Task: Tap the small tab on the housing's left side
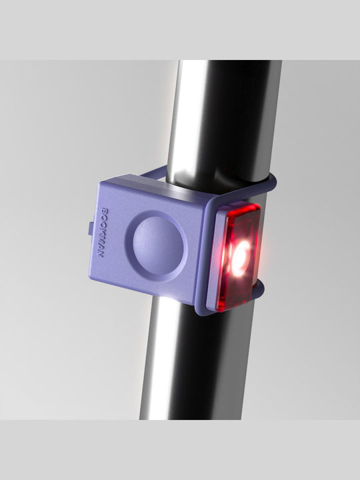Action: (90, 228)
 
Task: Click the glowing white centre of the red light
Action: (241, 255)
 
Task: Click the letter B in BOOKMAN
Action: (103, 211)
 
